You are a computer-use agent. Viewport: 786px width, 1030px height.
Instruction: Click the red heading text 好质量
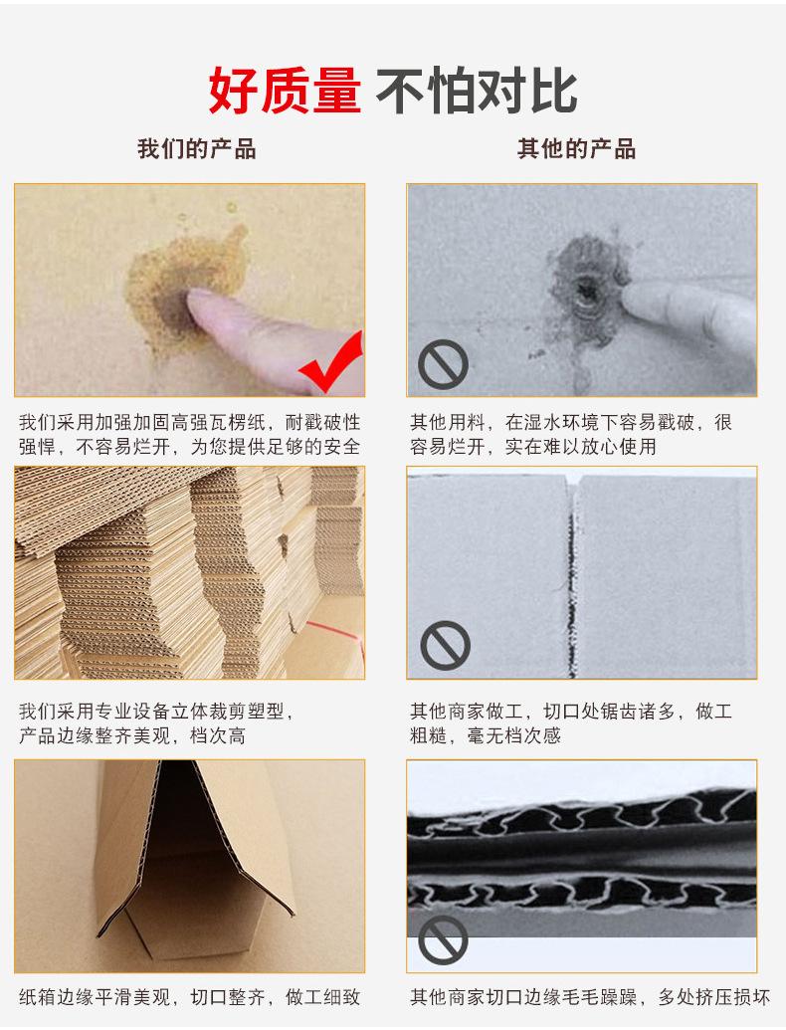[285, 91]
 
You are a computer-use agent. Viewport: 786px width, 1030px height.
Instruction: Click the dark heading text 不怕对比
[478, 91]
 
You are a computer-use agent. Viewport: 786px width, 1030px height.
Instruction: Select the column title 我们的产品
[196, 148]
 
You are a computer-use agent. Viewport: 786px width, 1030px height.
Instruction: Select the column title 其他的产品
[576, 148]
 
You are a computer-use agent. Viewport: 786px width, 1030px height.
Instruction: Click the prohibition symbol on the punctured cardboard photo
[443, 364]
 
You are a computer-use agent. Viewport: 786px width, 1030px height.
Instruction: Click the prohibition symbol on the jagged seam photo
[445, 645]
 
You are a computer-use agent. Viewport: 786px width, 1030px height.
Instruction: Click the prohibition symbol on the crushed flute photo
[443, 940]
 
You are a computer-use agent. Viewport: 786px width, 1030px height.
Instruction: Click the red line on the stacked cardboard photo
[334, 631]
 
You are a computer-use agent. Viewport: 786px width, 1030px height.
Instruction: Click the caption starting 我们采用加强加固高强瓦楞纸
[190, 434]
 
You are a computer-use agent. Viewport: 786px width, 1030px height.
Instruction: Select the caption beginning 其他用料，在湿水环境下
[571, 434]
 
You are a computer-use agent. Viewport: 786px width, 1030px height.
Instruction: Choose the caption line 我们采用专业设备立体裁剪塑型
[155, 711]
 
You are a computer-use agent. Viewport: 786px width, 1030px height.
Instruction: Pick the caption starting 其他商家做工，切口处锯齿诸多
[571, 723]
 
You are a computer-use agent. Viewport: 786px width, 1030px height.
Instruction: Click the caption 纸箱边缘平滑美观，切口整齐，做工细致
[190, 997]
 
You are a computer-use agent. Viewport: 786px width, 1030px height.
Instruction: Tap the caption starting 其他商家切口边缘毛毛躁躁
[590, 997]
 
